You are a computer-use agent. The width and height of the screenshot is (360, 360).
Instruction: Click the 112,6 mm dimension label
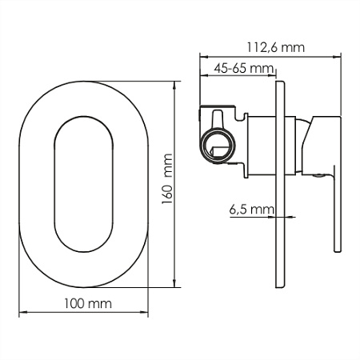coord(275,47)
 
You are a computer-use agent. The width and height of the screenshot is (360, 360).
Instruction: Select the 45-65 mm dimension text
coord(244,69)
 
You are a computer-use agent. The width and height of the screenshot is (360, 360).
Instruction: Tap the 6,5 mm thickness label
coord(251,210)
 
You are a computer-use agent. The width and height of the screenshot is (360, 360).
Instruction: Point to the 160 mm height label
coord(167,179)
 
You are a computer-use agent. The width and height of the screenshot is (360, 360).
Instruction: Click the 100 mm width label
coord(88,304)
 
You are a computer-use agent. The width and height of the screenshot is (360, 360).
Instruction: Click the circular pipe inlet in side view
coord(218,146)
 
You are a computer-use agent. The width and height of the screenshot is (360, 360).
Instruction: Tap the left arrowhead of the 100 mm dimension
coord(23,312)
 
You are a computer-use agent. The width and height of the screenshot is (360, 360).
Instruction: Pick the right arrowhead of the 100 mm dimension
coord(144,312)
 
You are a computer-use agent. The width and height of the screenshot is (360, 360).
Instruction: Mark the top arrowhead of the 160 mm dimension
coord(174,85)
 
